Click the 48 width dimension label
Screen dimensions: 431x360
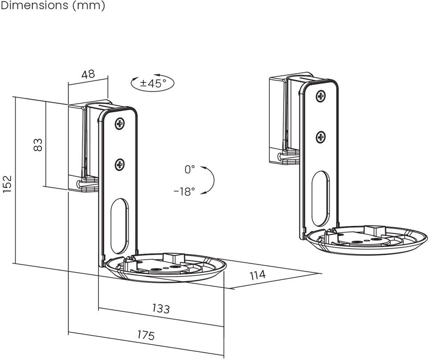pos(88,74)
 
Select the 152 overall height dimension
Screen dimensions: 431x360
pos(7,183)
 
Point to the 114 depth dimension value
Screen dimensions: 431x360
pos(257,275)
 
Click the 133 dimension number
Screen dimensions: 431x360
pos(161,308)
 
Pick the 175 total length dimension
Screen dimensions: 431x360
pos(146,335)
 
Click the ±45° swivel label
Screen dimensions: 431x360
pos(153,83)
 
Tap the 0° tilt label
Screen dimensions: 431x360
pos(190,169)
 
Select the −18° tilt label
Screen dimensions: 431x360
pos(184,192)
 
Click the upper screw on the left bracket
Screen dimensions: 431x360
pos(119,123)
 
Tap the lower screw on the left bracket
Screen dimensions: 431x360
pos(119,165)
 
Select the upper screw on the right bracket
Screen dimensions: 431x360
pos(321,96)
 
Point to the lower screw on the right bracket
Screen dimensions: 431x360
pos(321,137)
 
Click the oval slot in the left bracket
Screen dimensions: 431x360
pos(119,225)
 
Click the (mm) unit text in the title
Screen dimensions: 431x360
pos(89,6)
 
